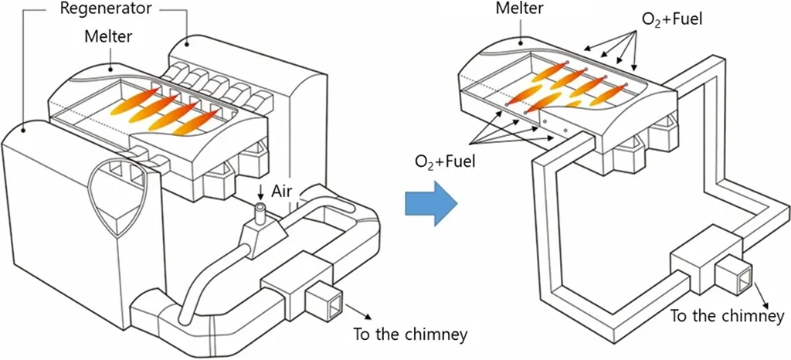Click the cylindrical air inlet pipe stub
pyautogui.click(x=261, y=212)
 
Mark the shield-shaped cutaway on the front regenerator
pyautogui.click(x=115, y=194)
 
